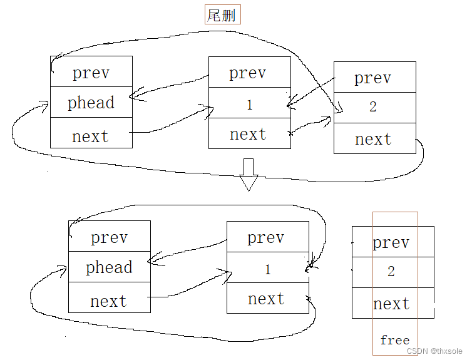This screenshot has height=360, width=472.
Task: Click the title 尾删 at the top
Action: [x=223, y=15]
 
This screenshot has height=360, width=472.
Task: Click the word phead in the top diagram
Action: [x=91, y=103]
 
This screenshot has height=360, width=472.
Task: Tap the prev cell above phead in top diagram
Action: [x=91, y=73]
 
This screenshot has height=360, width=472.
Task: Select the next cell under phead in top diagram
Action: [x=90, y=136]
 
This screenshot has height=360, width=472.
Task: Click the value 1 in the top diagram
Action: [x=249, y=105]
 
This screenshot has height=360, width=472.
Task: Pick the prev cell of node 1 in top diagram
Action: [x=248, y=73]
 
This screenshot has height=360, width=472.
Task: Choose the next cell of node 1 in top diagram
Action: [x=248, y=134]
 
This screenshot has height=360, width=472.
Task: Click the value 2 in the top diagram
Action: [x=373, y=107]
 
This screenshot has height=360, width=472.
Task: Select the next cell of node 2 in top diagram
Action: [x=373, y=139]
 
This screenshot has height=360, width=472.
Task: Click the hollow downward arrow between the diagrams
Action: [x=249, y=175]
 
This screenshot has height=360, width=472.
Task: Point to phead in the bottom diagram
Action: [x=109, y=267]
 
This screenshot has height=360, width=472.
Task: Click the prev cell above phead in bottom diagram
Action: [x=109, y=238]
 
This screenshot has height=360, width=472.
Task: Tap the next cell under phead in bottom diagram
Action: [x=108, y=301]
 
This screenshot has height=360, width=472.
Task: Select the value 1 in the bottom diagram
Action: [x=268, y=270]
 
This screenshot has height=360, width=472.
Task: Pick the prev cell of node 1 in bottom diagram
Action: [x=266, y=238]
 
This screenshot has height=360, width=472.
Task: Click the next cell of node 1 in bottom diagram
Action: [x=266, y=299]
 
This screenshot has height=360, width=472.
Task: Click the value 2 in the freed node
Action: [x=391, y=272]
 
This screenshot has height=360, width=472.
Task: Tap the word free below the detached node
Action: [x=394, y=340]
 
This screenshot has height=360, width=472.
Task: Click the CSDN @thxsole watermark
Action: [x=438, y=351]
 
